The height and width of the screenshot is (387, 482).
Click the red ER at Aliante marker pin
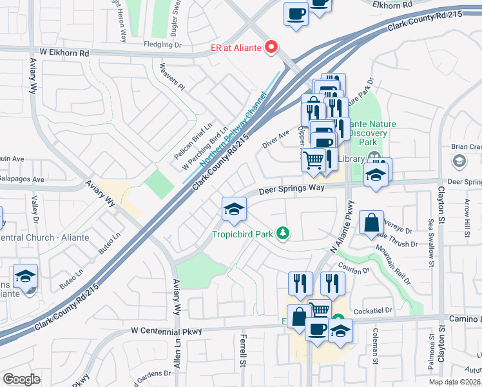271,46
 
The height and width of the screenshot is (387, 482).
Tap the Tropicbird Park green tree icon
282,233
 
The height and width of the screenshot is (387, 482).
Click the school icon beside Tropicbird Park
234,208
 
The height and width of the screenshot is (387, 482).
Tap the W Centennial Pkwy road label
166,331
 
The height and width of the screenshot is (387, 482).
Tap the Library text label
352,159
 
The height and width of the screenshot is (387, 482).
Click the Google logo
21,379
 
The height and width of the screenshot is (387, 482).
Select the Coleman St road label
374,346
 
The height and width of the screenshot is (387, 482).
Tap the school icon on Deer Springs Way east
376,175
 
